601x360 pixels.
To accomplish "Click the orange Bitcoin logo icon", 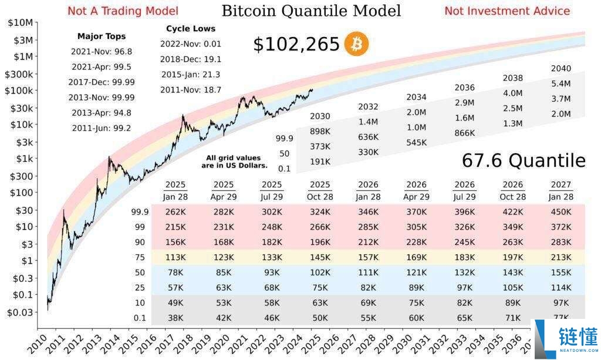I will [356, 44].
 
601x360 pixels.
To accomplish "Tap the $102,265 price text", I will [296, 44].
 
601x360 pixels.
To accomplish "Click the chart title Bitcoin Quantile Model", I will [311, 11].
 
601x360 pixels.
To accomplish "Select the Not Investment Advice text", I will [507, 11].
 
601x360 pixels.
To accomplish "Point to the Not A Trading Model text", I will [123, 11].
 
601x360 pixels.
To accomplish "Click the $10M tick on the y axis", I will [21, 22].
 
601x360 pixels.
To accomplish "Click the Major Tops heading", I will [102, 36].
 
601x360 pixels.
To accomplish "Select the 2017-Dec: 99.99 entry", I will [102, 82].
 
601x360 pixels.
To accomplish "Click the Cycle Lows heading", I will [191, 28].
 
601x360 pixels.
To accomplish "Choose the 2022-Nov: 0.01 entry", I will [191, 43].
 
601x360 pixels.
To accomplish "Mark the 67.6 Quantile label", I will [524, 160].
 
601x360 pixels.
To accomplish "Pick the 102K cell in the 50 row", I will [320, 272].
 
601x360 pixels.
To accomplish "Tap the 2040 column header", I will [561, 68].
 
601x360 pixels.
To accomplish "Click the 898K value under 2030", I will [320, 131].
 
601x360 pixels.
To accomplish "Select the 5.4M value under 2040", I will [561, 83].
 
